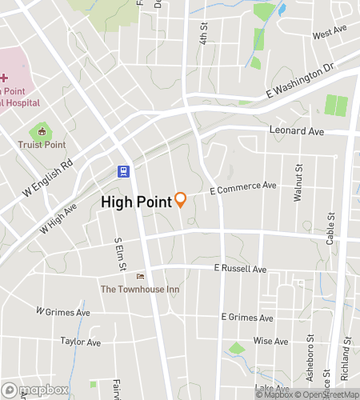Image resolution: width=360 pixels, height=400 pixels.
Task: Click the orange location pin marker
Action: pos(181,200)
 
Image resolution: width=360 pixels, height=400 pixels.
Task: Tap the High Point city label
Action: pos(136,202)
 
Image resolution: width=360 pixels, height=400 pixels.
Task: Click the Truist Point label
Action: pos(42,145)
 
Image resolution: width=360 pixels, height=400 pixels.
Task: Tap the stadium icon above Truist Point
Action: pos(42,131)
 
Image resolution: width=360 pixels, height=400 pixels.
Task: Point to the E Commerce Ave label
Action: pos(243,188)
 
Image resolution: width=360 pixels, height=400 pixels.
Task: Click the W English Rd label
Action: pos(48,178)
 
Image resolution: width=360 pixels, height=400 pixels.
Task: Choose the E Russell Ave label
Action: pos(238,270)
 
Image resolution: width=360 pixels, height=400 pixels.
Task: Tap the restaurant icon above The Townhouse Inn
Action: pos(142,275)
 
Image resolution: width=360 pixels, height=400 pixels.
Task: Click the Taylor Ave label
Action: pos(81,342)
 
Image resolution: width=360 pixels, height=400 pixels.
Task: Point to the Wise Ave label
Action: pos(270,341)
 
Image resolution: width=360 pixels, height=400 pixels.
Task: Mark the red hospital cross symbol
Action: pos(4,78)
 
